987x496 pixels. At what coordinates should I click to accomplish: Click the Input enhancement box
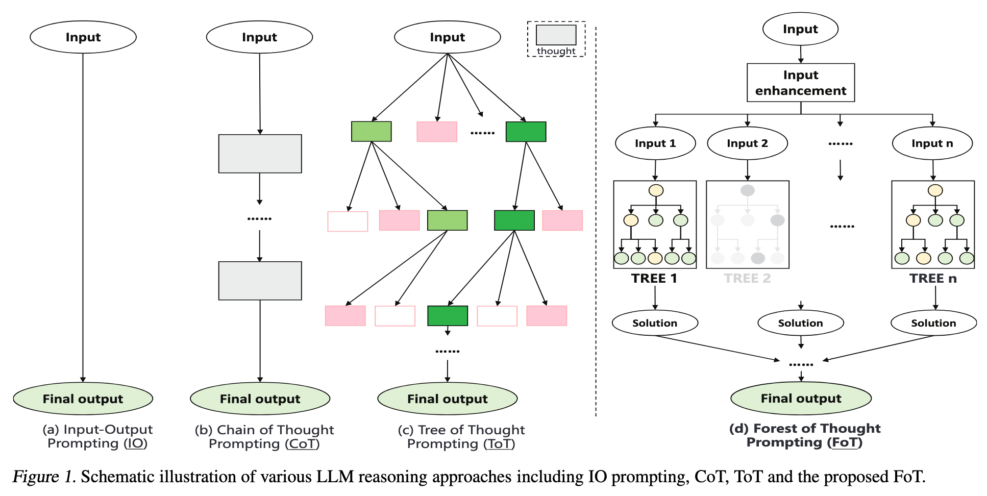tap(800, 83)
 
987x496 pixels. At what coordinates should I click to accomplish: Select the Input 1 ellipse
tap(655, 143)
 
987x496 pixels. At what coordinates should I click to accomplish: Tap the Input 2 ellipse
tap(747, 143)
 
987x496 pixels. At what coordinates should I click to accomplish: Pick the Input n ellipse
tap(932, 143)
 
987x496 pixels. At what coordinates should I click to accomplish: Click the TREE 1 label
tap(654, 279)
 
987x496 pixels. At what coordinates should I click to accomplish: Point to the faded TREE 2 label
tap(747, 279)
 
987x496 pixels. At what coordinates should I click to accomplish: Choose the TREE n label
tap(932, 279)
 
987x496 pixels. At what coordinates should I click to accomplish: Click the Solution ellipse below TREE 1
tap(655, 323)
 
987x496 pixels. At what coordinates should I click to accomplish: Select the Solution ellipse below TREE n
tap(933, 323)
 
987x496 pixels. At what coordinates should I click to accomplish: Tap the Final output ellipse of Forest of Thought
tap(801, 399)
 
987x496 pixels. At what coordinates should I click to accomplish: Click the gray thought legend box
tap(556, 35)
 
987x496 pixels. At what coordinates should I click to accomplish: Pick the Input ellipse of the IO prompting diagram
tap(83, 37)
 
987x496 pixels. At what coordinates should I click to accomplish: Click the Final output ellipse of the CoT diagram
tap(260, 399)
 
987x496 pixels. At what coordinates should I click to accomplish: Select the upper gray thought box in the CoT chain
tap(260, 154)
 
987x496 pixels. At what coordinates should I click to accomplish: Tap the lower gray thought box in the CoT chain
tap(260, 281)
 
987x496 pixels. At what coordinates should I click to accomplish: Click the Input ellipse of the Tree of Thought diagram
tap(447, 37)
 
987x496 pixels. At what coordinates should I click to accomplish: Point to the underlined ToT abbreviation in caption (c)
tap(499, 444)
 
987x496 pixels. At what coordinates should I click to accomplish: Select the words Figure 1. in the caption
tap(44, 477)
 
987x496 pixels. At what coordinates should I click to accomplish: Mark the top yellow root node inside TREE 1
tap(656, 190)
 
